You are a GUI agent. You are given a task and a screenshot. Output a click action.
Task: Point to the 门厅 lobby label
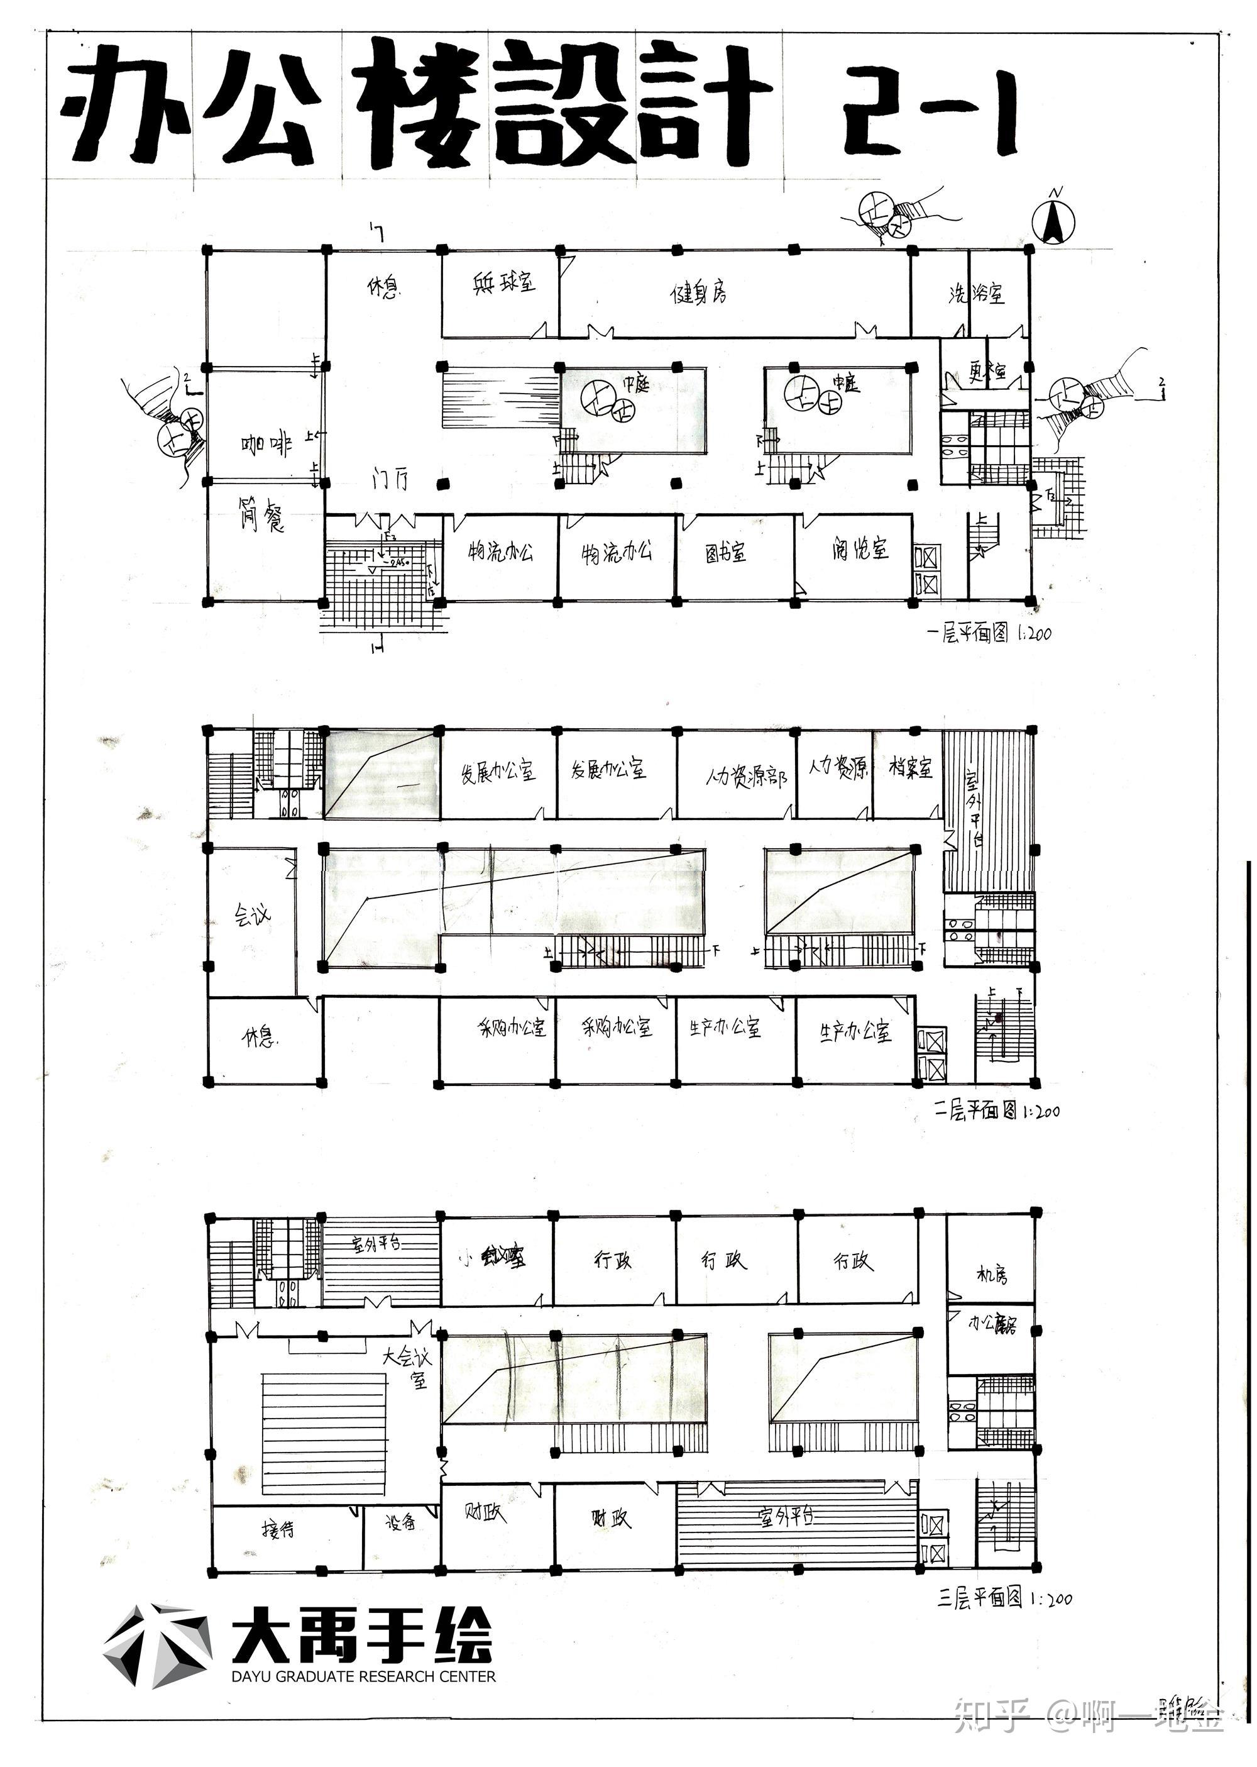click(x=390, y=481)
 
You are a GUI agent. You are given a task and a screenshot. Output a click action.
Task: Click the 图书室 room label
click(x=725, y=553)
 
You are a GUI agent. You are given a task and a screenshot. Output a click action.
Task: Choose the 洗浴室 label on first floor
click(x=976, y=294)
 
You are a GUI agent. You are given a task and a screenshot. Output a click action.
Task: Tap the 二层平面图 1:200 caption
click(x=997, y=1112)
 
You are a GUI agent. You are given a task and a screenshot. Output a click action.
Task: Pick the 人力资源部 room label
click(x=746, y=777)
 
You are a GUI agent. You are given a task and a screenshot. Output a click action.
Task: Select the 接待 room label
click(x=278, y=1529)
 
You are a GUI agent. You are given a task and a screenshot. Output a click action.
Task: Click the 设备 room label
click(x=400, y=1522)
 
